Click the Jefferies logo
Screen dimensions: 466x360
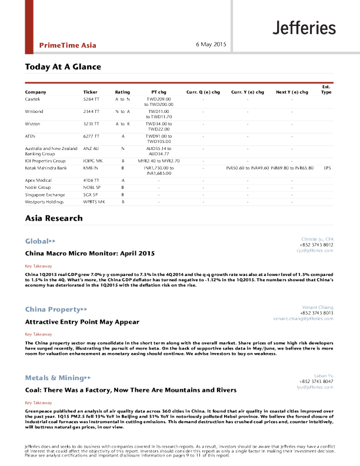coord(304,28)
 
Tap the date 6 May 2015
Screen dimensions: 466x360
coord(211,45)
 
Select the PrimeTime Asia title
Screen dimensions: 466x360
coord(68,45)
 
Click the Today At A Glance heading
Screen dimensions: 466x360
coord(63,67)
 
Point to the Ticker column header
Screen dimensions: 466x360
coord(90,92)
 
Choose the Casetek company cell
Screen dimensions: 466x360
coord(33,99)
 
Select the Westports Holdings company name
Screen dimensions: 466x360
coord(45,202)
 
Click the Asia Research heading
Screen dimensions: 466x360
coord(54,218)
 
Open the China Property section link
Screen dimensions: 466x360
coord(56,309)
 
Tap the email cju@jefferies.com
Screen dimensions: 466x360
coord(315,251)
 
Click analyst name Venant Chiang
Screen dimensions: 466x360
coord(318,307)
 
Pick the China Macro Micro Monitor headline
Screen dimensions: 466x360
coord(89,254)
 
